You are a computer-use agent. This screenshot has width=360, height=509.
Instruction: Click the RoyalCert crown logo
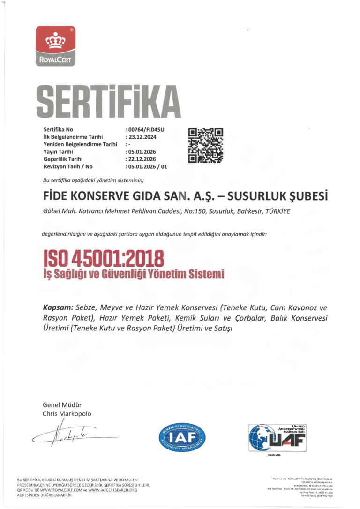pos(56,46)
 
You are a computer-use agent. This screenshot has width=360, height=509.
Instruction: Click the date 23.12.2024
pos(142,137)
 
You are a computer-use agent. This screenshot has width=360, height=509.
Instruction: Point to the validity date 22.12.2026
pos(142,159)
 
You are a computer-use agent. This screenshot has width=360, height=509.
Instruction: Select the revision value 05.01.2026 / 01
pos(148,167)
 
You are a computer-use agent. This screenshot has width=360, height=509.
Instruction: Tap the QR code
pos(205,146)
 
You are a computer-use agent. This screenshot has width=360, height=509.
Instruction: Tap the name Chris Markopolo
pos(67,414)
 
